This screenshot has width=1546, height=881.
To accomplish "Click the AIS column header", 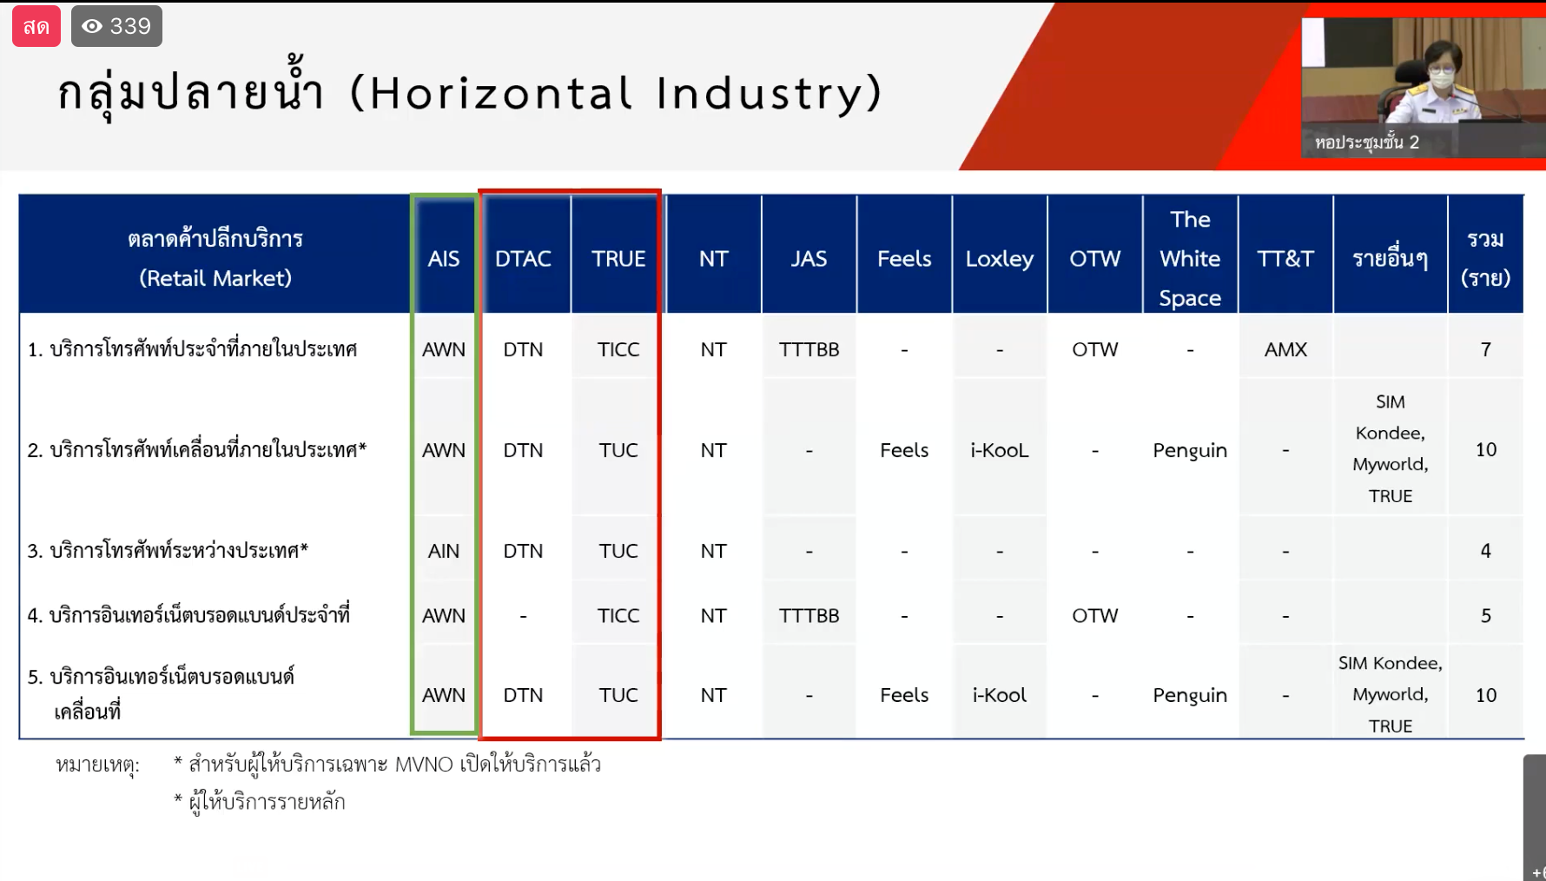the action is [443, 259].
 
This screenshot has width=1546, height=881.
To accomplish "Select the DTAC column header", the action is [523, 259].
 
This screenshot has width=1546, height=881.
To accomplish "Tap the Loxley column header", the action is [1000, 259].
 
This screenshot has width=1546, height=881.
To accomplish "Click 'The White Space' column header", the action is [1190, 259].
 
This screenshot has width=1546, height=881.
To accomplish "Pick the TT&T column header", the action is [1285, 259].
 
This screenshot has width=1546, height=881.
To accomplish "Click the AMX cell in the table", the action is [1285, 349].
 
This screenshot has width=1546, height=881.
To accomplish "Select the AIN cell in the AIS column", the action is [443, 551].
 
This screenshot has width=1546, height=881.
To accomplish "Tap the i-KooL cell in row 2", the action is [1000, 450].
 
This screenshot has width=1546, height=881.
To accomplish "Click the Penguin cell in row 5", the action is [1190, 695].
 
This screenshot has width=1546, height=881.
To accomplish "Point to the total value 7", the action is [1485, 349].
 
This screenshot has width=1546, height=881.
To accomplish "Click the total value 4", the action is [1485, 551].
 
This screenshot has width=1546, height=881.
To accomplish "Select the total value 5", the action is [1485, 615].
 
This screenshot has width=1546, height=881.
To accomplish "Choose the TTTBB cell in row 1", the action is [809, 349].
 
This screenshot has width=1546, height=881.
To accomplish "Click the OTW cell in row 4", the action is [1094, 615].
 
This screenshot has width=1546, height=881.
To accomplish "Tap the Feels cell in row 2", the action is [904, 450].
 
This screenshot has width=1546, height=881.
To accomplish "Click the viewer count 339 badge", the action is [116, 26].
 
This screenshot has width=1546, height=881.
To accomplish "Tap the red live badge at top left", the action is [36, 26].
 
